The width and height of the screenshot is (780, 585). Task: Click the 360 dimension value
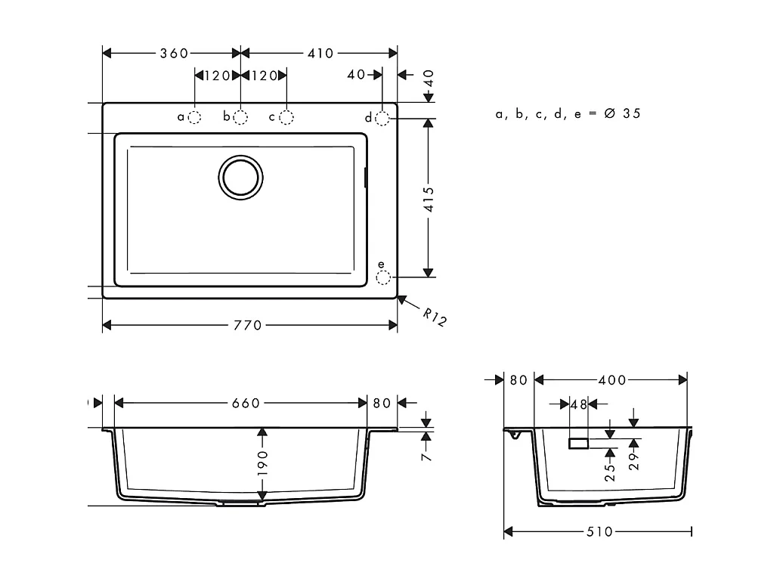click(x=174, y=53)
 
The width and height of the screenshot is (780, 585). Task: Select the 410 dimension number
click(x=320, y=53)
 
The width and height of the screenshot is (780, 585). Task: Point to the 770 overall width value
click(x=248, y=325)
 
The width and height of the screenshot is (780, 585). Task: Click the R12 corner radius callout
click(x=434, y=318)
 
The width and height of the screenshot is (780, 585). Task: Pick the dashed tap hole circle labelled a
click(x=194, y=117)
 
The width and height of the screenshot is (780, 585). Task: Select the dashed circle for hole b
click(x=240, y=117)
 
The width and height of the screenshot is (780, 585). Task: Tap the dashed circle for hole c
click(x=286, y=117)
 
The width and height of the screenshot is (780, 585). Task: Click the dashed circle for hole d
click(x=382, y=118)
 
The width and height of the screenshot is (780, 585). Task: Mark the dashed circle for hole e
click(x=383, y=277)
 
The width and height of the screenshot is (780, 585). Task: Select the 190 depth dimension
click(x=262, y=463)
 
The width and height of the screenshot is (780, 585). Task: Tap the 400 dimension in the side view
click(x=611, y=380)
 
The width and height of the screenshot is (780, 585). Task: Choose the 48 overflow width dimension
click(x=579, y=404)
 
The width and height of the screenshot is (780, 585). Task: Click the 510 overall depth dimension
click(x=599, y=532)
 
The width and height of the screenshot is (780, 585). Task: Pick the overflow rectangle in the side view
click(x=579, y=443)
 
